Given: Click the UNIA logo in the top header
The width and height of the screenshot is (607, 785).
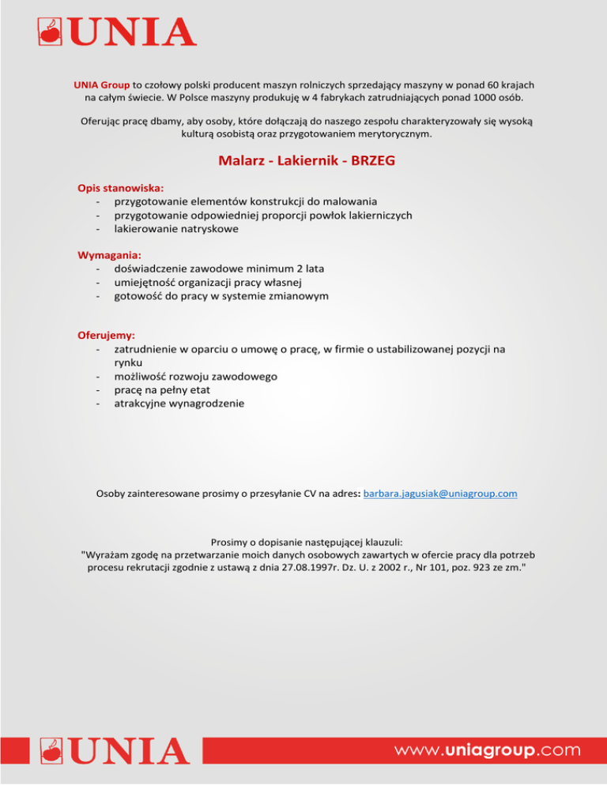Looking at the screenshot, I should (117, 32).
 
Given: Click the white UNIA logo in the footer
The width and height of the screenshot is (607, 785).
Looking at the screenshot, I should (110, 750).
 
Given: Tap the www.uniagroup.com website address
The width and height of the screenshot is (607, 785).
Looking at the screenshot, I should (488, 749).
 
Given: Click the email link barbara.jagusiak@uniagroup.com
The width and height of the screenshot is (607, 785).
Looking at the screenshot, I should (440, 494).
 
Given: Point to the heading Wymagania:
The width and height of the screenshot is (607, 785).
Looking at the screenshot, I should (109, 255).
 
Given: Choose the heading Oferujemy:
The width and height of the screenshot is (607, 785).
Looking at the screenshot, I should (106, 335).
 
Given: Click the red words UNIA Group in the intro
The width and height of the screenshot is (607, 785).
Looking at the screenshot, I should (102, 84).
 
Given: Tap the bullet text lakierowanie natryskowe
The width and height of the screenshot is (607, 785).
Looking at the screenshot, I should (176, 229).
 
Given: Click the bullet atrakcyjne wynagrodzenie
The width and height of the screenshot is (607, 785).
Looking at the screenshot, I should (179, 404).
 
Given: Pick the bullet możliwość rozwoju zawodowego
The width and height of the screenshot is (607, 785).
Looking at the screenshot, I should (195, 376).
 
